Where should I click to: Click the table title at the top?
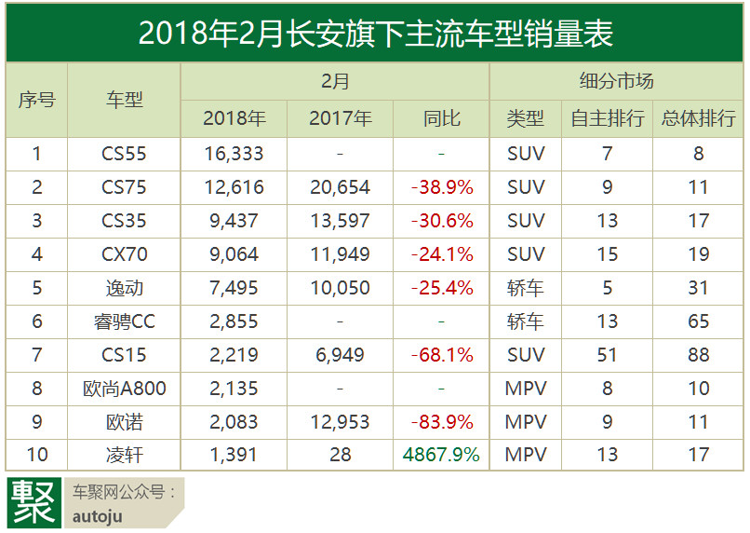point(375,34)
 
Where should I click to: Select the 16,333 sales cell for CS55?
point(234,154)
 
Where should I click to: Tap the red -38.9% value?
point(442,187)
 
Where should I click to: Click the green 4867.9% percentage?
point(442,456)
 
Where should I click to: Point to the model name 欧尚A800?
point(124,389)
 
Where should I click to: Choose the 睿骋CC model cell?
point(124,321)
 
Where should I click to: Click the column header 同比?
point(442,118)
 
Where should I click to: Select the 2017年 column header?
point(340,118)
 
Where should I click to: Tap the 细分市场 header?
point(616,82)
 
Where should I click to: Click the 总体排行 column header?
point(698,118)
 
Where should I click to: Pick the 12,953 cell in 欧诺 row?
point(340,422)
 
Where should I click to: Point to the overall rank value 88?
point(698,355)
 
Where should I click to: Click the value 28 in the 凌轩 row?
point(340,456)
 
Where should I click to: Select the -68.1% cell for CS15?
point(442,355)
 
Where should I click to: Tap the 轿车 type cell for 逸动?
point(526,288)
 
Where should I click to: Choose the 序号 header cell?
point(37,100)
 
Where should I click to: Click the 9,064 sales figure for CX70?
point(234,254)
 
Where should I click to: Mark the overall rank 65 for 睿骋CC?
point(698,321)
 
